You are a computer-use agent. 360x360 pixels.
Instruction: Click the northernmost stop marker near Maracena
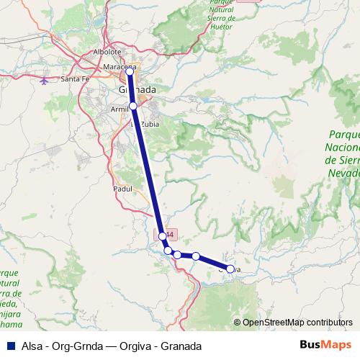click(130, 71)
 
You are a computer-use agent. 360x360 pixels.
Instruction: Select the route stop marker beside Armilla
click(133, 106)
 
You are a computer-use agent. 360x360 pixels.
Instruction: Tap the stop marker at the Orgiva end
click(230, 269)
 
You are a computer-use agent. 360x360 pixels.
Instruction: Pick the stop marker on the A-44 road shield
click(163, 235)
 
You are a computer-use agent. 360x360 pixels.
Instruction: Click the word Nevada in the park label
click(342, 174)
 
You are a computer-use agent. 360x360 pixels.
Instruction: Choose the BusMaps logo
click(322, 346)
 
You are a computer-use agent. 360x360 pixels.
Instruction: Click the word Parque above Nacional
click(345, 135)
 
